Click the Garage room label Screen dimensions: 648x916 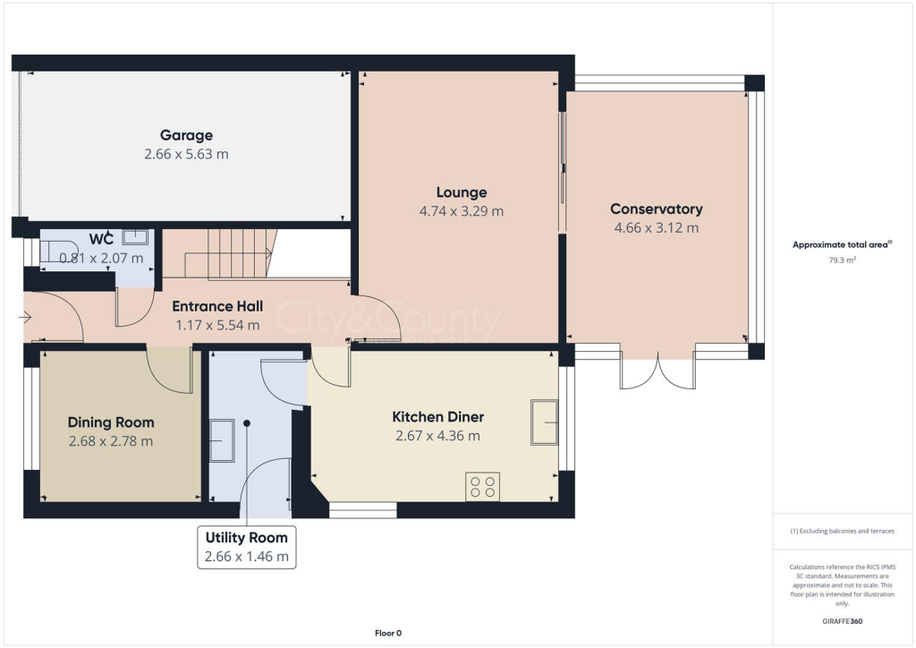pyautogui.click(x=186, y=135)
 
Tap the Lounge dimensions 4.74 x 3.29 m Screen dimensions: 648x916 pyautogui.click(x=462, y=211)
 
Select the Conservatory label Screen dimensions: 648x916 pyautogui.click(x=656, y=209)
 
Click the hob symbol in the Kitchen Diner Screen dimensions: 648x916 pyautogui.click(x=482, y=486)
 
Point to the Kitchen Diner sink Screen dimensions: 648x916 pyautogui.click(x=544, y=422)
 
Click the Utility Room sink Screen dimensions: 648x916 pyautogui.click(x=221, y=441)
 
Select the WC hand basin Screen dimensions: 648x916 pyautogui.click(x=135, y=236)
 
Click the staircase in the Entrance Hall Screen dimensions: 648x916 pyautogui.click(x=228, y=253)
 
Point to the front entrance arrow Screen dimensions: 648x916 pyautogui.click(x=25, y=316)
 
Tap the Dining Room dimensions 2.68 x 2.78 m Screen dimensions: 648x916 pyautogui.click(x=111, y=440)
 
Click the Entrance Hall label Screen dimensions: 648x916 pyautogui.click(x=216, y=305)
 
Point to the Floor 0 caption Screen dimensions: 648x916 pyautogui.click(x=387, y=634)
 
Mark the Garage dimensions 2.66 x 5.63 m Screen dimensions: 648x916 pyautogui.click(x=186, y=154)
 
